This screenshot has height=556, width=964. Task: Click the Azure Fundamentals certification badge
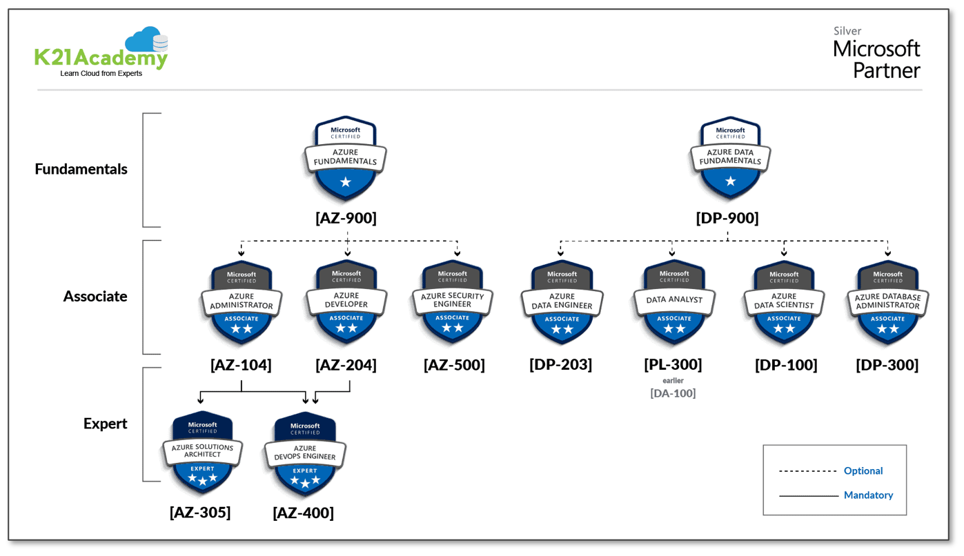click(345, 159)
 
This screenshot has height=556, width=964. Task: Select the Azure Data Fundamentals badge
click(730, 159)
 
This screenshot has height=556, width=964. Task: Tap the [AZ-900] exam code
click(346, 218)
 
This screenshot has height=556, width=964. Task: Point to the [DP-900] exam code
click(727, 218)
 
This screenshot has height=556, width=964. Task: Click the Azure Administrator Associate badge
click(242, 303)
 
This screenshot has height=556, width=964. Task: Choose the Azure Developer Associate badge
click(346, 303)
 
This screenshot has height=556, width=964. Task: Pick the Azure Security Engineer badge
click(453, 303)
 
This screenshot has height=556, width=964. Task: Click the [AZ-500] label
click(454, 365)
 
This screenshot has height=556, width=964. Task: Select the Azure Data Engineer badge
click(562, 303)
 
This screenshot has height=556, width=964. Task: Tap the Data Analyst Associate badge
click(674, 303)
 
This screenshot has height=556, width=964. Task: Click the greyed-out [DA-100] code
click(673, 393)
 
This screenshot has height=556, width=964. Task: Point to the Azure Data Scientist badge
click(784, 303)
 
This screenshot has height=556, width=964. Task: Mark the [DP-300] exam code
click(887, 365)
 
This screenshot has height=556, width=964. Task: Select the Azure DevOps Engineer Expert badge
click(305, 455)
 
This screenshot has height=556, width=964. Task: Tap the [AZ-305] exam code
click(200, 513)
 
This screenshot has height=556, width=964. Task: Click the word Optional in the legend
click(863, 470)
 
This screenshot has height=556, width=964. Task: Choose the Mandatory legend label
click(868, 495)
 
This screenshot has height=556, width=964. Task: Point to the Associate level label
click(95, 297)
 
